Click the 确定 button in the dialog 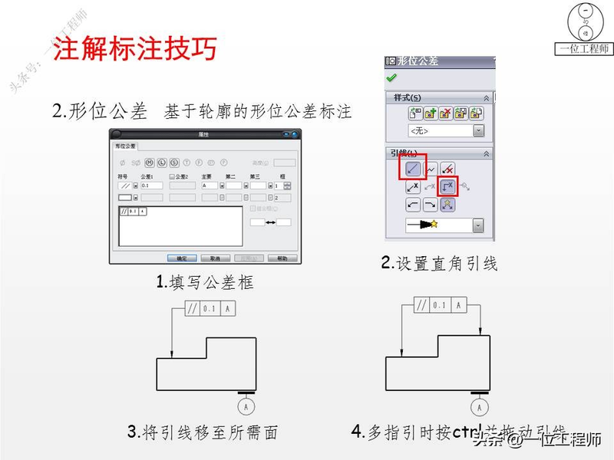(182, 258)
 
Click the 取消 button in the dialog (215, 258)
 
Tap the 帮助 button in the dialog (282, 258)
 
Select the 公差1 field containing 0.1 (151, 186)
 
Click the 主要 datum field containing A (210, 186)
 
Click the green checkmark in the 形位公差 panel (391, 78)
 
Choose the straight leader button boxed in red (411, 167)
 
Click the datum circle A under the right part (479, 406)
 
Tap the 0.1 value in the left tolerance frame (211, 308)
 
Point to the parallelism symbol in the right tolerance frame (421, 305)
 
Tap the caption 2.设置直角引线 (440, 264)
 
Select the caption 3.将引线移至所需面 (203, 432)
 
